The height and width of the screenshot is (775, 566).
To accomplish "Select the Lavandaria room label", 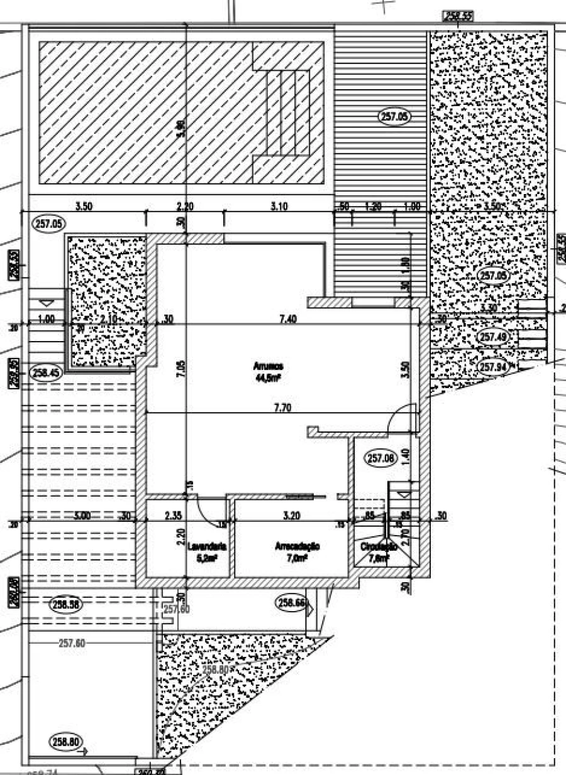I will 207,546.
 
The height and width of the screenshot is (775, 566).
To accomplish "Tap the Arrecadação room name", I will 297,546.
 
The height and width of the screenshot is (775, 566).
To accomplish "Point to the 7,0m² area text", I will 297,557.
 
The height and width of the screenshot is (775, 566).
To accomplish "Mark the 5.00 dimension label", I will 82,516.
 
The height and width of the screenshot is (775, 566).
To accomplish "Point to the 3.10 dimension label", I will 278,206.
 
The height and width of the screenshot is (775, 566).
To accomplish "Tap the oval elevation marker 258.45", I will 46,372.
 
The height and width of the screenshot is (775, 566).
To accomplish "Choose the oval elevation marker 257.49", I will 492,337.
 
